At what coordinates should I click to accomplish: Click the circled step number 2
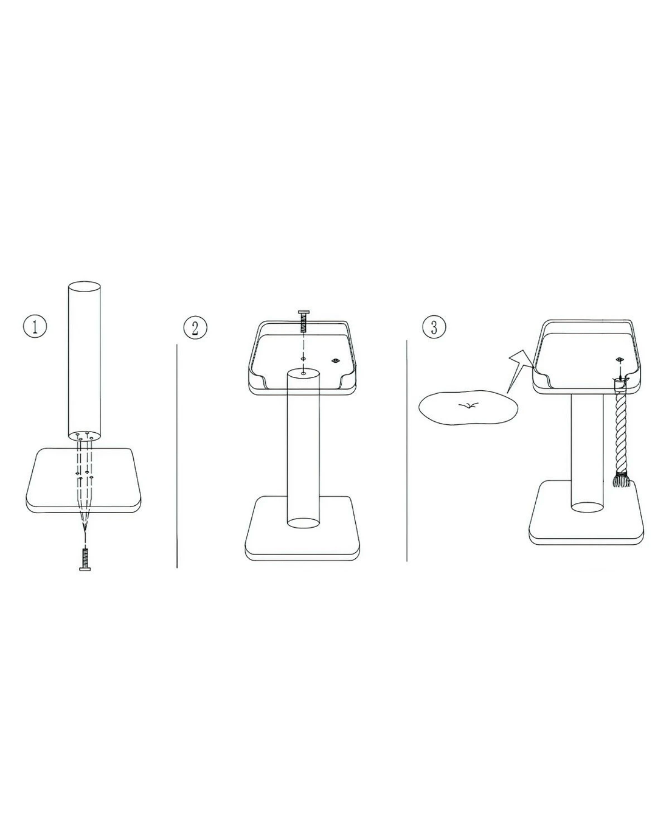195,327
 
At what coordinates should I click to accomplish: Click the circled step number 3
434,327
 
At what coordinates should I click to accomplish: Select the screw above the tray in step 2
303,321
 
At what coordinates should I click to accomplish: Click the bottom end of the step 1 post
85,435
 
